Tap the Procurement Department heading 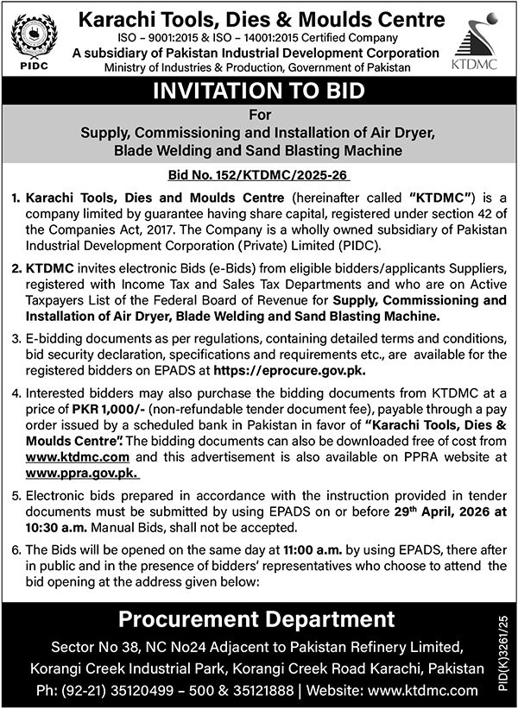pyautogui.click(x=256, y=618)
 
